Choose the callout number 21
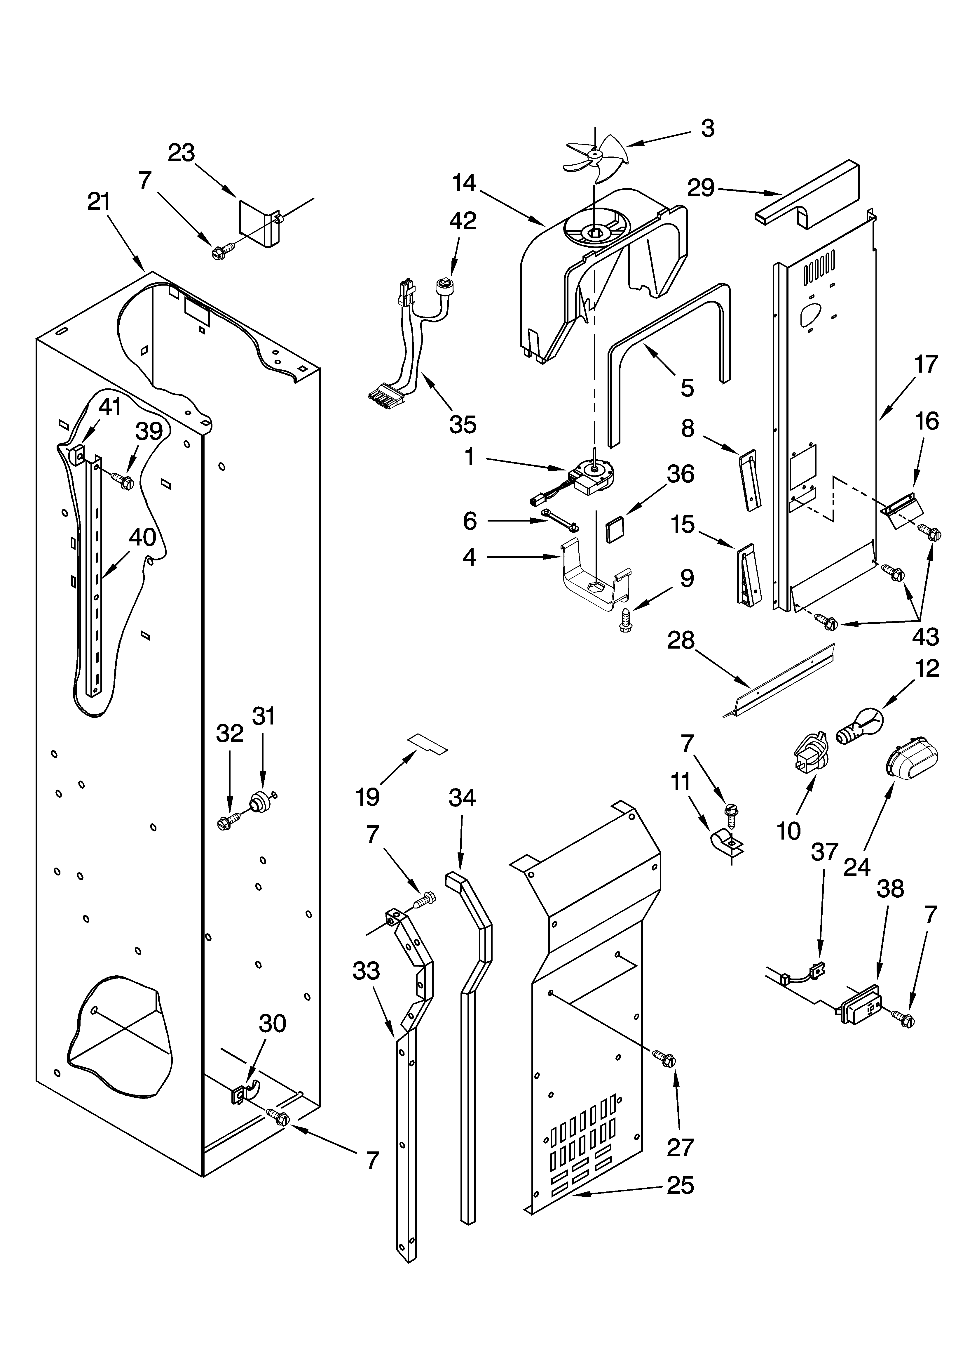(x=99, y=202)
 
